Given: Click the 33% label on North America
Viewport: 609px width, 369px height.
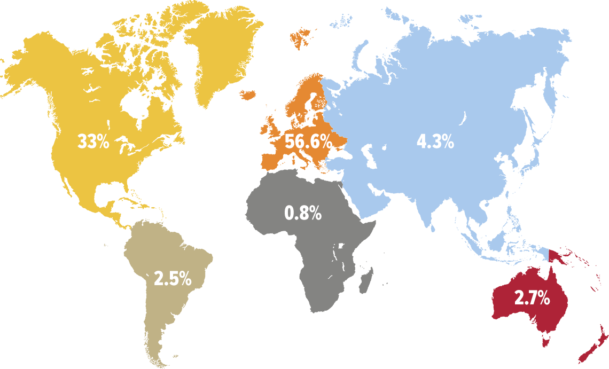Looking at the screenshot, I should coord(93,142).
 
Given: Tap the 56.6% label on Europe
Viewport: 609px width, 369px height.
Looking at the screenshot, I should coord(308,142).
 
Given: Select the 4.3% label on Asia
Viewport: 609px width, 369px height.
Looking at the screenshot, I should coord(435,142).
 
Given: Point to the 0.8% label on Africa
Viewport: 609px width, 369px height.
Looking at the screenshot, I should coord(303,213).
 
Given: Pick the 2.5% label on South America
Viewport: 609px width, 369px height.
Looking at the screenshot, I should coord(173,278).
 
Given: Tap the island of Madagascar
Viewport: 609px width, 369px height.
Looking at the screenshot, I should coord(366,280).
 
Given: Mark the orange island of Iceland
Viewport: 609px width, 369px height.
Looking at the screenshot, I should coord(248,95).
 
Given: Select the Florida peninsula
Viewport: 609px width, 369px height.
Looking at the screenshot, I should coord(127,189).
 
